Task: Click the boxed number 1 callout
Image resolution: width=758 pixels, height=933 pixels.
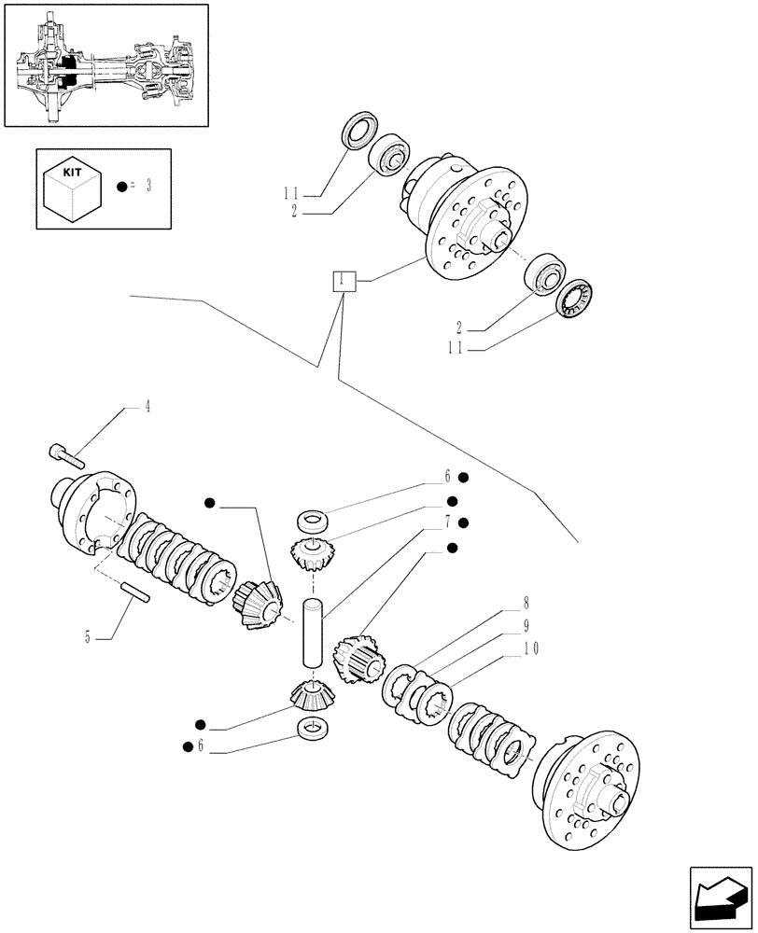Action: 344,280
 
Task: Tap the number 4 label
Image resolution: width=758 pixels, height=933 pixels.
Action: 146,407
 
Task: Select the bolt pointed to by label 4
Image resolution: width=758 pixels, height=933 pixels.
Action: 64,455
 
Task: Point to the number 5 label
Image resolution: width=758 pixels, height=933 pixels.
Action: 88,638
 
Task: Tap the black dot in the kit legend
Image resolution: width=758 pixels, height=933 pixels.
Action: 121,187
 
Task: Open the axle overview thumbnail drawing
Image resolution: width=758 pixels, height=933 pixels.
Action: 105,64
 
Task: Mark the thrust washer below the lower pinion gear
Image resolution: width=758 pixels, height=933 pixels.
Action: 313,728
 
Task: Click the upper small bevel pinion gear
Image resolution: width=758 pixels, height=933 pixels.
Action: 311,556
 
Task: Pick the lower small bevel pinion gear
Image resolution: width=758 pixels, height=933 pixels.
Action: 311,694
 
